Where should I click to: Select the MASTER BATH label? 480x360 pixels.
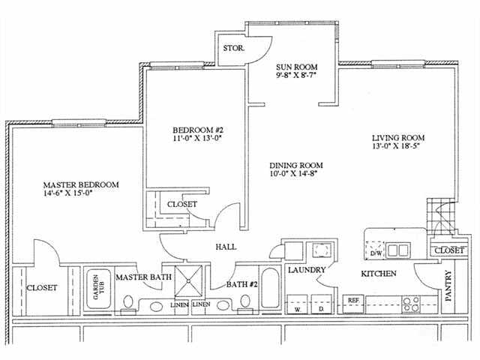point(143,277)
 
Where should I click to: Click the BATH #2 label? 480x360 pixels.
point(242,284)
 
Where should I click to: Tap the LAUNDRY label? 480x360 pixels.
point(306,269)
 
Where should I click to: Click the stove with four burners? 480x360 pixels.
point(411,303)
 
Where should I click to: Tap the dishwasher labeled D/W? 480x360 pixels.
point(376,253)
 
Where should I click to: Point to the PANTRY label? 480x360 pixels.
point(449,286)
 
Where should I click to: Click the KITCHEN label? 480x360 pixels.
point(378,274)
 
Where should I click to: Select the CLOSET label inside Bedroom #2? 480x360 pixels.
point(181,204)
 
